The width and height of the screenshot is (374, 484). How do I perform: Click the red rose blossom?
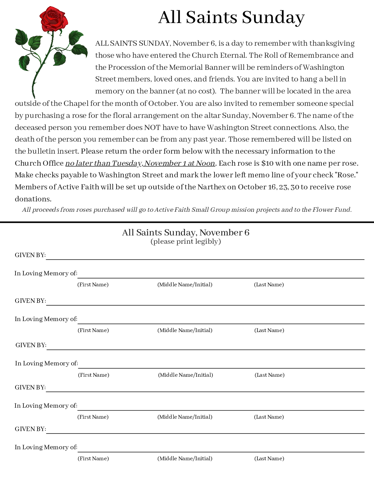[x=54, y=19]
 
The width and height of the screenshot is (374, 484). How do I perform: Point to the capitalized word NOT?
[x=152, y=128]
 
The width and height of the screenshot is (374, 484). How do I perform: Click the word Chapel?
[x=76, y=103]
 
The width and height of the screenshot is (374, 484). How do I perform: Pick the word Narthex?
[x=211, y=187]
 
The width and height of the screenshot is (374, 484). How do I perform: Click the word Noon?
[x=205, y=163]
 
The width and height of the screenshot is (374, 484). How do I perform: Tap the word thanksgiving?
[x=332, y=43]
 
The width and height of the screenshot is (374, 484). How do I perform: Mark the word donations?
[x=33, y=199]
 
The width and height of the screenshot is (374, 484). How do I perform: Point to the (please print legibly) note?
[x=186, y=241]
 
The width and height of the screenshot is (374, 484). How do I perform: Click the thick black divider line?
[x=187, y=222]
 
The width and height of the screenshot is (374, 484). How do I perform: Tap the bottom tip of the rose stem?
[x=34, y=97]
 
